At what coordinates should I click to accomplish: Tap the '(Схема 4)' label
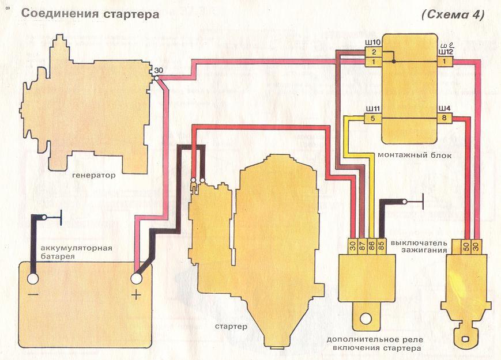click(454, 14)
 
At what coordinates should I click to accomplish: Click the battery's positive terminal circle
click(137, 279)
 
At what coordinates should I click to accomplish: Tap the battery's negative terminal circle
click(33, 279)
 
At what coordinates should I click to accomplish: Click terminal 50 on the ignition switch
click(465, 246)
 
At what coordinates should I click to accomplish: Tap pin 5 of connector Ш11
click(372, 119)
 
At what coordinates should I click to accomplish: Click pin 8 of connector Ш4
click(444, 119)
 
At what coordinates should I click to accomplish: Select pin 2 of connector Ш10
click(373, 52)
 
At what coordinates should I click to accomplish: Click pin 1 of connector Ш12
click(444, 61)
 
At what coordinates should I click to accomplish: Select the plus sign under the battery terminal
click(137, 296)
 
